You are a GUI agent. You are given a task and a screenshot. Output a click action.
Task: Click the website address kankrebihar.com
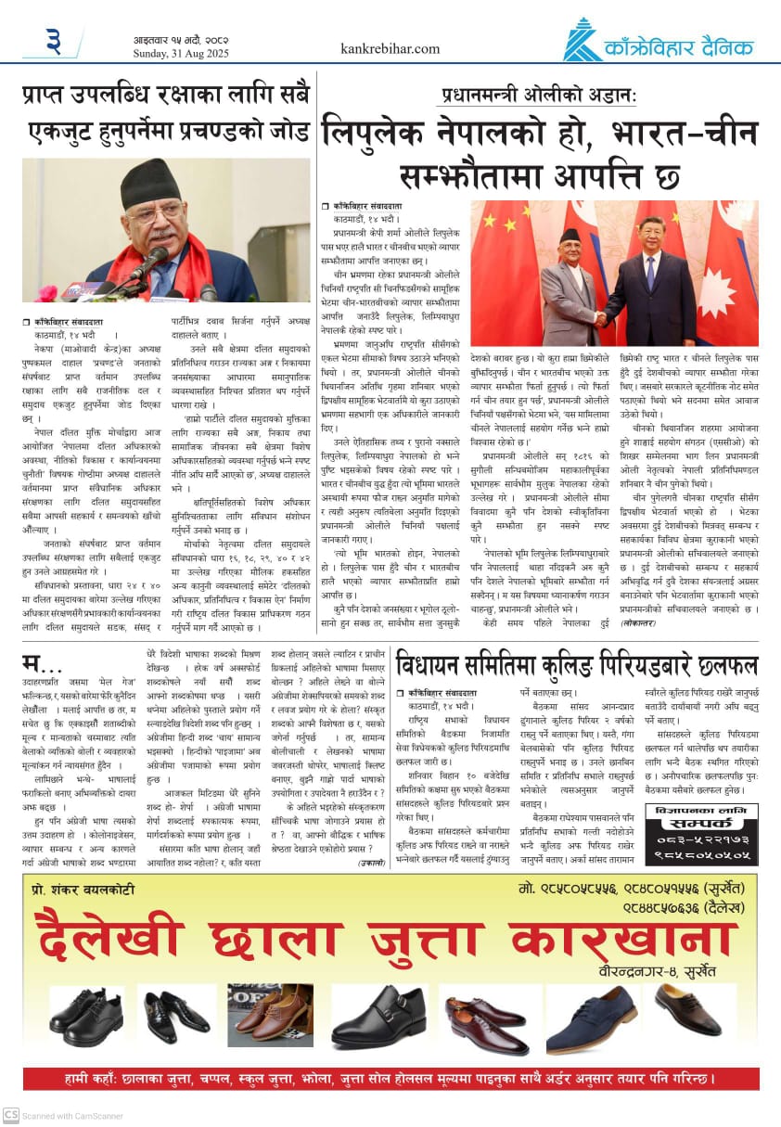tap(390, 48)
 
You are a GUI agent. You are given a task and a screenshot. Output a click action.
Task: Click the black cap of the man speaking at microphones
tap(150, 182)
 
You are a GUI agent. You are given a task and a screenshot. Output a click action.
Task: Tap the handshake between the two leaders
tap(600, 318)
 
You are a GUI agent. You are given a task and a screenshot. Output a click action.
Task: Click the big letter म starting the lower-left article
tap(34, 665)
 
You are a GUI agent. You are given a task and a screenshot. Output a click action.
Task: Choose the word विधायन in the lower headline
tap(436, 664)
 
